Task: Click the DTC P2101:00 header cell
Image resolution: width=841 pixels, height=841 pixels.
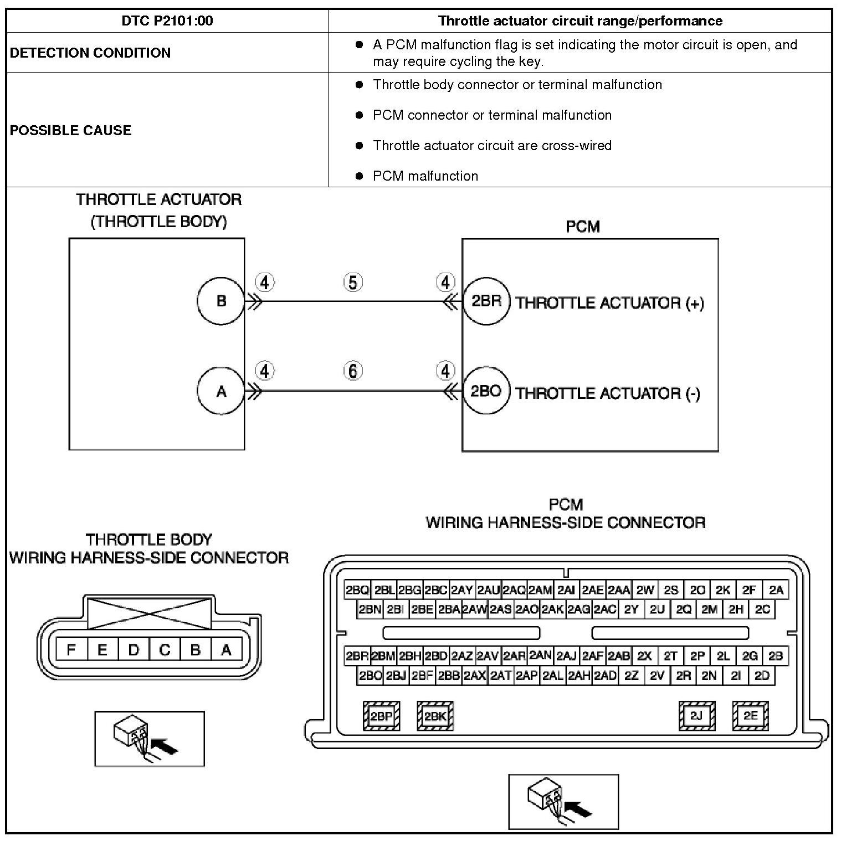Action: pos(167,21)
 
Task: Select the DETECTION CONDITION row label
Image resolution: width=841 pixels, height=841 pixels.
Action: pos(90,53)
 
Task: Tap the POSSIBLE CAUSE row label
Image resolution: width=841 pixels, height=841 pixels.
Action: pos(71,130)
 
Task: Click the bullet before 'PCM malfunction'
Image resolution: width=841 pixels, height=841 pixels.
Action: pos(360,176)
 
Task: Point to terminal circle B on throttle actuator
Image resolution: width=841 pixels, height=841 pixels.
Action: pos(221,301)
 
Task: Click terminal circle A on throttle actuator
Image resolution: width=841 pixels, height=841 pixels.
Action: pos(221,392)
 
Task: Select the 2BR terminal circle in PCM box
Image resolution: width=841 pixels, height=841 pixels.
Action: pos(486,301)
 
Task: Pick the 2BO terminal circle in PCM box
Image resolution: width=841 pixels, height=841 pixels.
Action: pos(486,392)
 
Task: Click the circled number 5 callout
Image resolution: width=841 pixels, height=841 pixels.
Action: pos(353,283)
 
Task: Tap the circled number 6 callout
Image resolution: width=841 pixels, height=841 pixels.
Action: pos(353,371)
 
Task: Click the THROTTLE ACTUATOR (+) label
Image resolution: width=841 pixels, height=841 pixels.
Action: pos(609,303)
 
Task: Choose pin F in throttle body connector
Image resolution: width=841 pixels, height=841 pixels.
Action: pos(71,649)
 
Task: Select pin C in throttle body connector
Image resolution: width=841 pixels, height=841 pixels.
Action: pos(165,649)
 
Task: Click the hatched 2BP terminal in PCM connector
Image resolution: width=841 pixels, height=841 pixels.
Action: pos(381,716)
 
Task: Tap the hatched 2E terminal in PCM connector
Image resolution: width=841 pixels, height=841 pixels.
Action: pos(750,716)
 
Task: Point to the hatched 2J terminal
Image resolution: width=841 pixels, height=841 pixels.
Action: pos(696,716)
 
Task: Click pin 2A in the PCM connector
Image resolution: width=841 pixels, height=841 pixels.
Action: pos(776,590)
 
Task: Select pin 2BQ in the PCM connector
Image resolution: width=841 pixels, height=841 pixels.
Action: pos(357,590)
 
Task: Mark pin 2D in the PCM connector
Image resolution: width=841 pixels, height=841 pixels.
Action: pos(762,675)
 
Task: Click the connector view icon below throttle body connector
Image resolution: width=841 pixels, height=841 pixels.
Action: pos(150,739)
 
